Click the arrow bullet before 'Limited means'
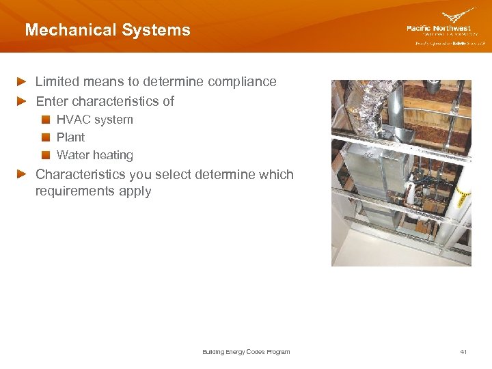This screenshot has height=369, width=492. click(x=23, y=82)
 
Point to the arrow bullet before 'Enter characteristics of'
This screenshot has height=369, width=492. click(x=23, y=102)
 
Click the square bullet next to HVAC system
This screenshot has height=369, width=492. click(x=46, y=120)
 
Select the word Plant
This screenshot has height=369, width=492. click(x=70, y=137)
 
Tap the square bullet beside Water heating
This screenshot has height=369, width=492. click(x=46, y=155)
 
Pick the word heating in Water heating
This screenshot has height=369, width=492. click(x=114, y=155)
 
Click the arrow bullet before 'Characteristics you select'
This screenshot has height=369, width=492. click(x=23, y=174)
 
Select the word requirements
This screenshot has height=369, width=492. click(x=74, y=191)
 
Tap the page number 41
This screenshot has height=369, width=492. click(x=463, y=352)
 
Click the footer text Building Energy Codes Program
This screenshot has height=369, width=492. click(x=246, y=352)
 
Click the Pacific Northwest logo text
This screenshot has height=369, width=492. click(x=439, y=29)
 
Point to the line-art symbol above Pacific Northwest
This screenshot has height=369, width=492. click(x=459, y=16)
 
